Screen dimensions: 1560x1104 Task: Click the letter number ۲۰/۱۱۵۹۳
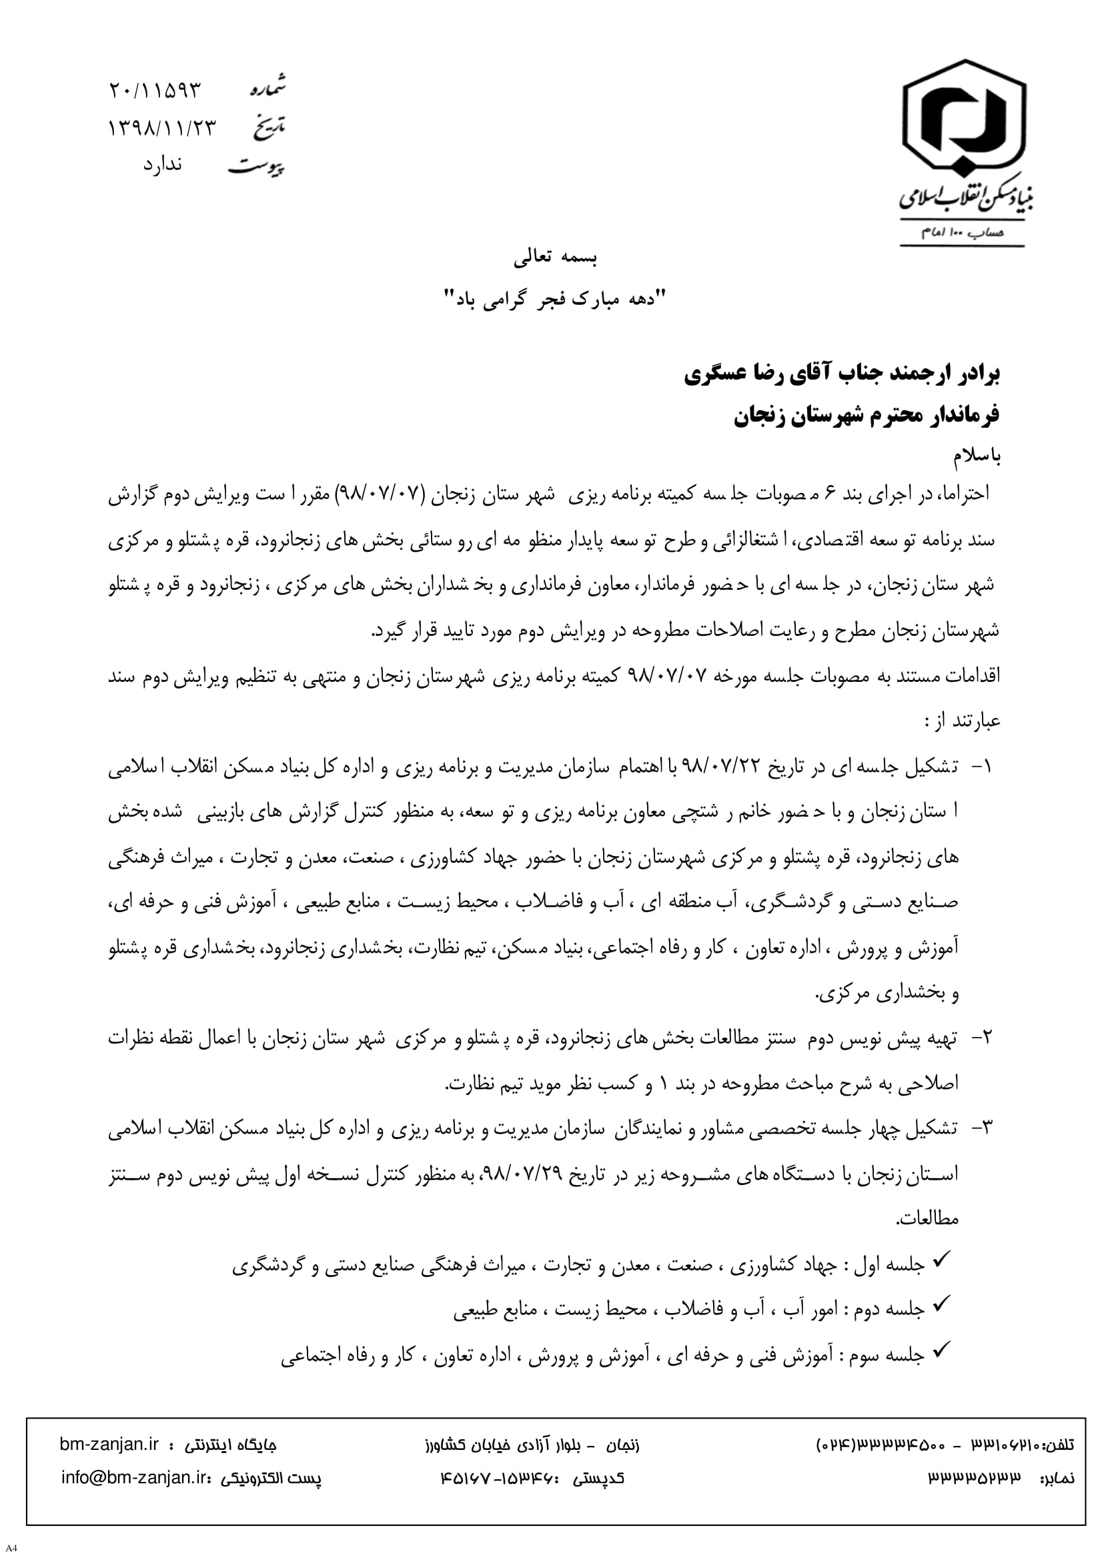pyautogui.click(x=155, y=90)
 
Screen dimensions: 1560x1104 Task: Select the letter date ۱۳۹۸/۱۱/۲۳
pyautogui.click(x=161, y=127)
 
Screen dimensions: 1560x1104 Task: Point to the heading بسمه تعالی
pyautogui.click(x=555, y=257)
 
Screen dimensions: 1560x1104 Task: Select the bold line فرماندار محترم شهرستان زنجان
pyautogui.click(x=866, y=414)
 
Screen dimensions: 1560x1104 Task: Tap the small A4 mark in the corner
pyautogui.click(x=11, y=1549)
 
